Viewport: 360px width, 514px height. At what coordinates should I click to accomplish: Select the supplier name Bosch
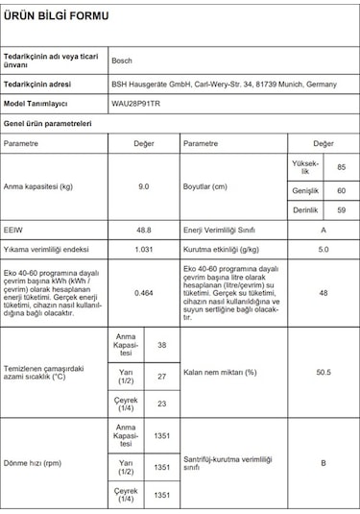(x=123, y=59)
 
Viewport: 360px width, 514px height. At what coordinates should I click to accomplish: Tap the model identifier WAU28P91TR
(x=138, y=104)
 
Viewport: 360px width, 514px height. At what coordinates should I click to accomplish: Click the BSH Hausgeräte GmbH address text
(x=224, y=84)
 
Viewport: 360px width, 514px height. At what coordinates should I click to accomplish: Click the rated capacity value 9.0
(x=143, y=186)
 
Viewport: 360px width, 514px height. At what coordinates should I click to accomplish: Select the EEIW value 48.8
(x=143, y=232)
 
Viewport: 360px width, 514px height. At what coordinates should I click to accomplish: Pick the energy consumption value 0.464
(x=143, y=292)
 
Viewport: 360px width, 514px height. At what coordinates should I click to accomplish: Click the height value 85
(x=341, y=168)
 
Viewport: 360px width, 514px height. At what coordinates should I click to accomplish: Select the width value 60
(x=341, y=189)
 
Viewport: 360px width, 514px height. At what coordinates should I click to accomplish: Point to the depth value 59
(x=341, y=208)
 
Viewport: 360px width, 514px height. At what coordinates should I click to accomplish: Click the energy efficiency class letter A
(x=324, y=232)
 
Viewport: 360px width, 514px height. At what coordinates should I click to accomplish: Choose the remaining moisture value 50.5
(x=324, y=371)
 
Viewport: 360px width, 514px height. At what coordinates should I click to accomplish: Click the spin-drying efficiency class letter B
(x=324, y=463)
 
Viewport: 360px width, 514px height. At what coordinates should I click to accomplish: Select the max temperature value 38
(x=161, y=344)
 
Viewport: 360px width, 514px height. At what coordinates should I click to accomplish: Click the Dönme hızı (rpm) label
(x=34, y=463)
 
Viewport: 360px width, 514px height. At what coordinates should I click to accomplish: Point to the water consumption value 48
(x=324, y=292)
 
